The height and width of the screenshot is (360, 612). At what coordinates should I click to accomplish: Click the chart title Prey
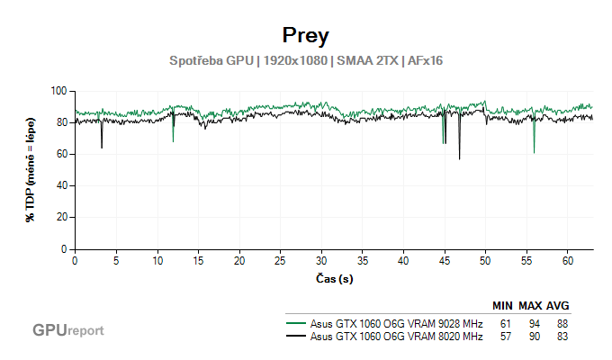(305, 36)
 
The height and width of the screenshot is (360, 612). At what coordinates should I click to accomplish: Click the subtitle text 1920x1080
(294, 61)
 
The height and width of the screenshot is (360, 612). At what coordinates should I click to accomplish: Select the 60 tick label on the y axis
(62, 154)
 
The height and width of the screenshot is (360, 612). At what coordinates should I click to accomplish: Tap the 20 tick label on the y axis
(62, 218)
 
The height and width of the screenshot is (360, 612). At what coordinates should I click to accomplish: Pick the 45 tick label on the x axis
(445, 260)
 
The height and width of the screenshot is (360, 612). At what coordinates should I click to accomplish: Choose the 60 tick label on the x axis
(568, 260)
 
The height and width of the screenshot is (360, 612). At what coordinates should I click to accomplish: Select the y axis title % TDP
(31, 170)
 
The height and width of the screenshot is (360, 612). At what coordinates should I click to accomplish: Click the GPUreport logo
(68, 330)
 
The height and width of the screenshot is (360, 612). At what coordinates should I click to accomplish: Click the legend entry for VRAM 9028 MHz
(396, 323)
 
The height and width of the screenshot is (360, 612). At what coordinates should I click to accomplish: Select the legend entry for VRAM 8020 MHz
(396, 337)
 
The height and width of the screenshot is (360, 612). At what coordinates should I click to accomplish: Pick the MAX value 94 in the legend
(534, 323)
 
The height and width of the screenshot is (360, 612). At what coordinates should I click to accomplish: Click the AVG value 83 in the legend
(562, 337)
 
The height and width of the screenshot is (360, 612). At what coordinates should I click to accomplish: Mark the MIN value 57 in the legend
(506, 337)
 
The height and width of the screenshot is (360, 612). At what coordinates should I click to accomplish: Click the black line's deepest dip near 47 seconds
(459, 158)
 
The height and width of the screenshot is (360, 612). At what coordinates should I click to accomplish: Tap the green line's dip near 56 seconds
(534, 152)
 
